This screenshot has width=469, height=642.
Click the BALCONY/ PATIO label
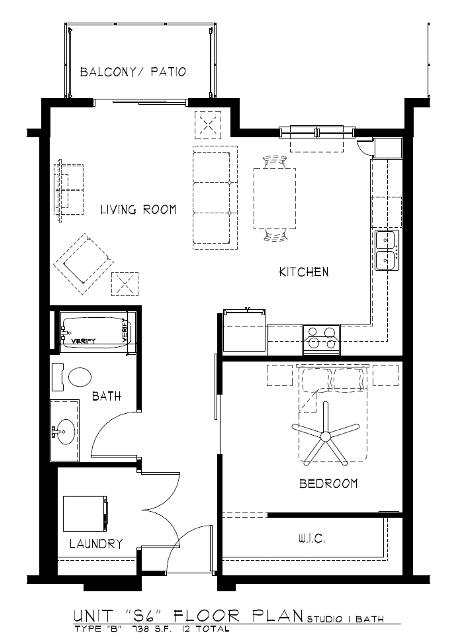(x=133, y=72)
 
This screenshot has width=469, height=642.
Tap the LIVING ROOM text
(x=138, y=210)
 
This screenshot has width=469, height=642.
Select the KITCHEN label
(x=304, y=272)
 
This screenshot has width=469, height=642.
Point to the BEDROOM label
(x=328, y=484)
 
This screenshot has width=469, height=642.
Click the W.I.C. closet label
(x=311, y=539)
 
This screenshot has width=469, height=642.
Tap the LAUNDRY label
(x=96, y=544)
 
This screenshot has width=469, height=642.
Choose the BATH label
(x=106, y=396)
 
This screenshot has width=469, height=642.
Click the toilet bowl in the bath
(x=80, y=377)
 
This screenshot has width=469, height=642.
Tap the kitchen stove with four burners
(x=321, y=339)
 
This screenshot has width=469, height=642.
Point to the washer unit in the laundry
(x=85, y=514)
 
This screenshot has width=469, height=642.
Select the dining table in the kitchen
(x=274, y=199)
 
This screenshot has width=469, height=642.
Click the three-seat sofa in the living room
(x=215, y=198)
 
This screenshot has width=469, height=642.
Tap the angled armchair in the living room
(x=83, y=264)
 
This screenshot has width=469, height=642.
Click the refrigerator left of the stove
(x=244, y=331)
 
